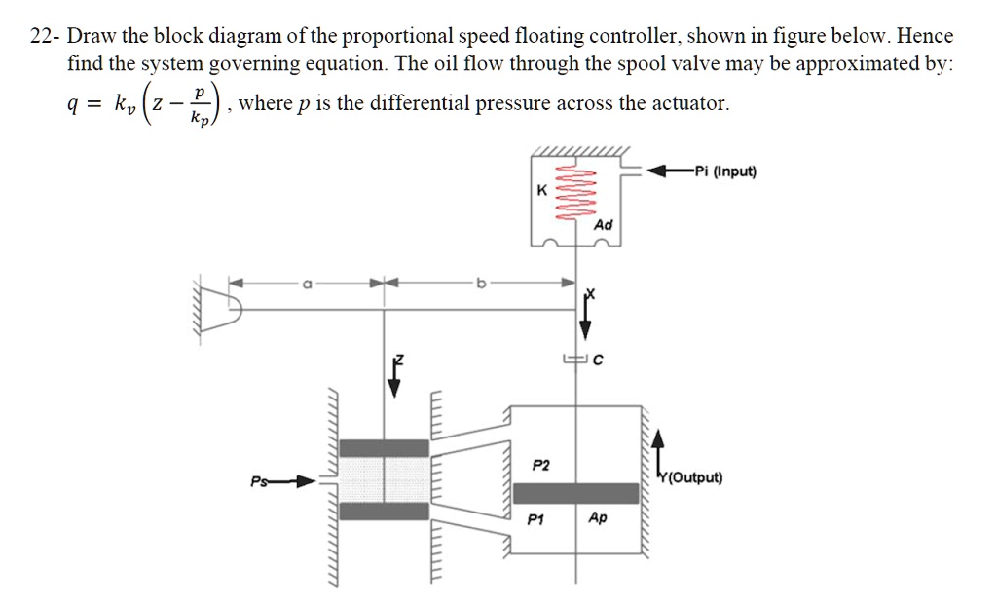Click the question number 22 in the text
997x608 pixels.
click(41, 38)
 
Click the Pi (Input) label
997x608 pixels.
click(721, 172)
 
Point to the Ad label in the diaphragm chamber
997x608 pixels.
click(604, 225)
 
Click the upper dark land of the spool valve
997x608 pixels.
click(385, 447)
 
